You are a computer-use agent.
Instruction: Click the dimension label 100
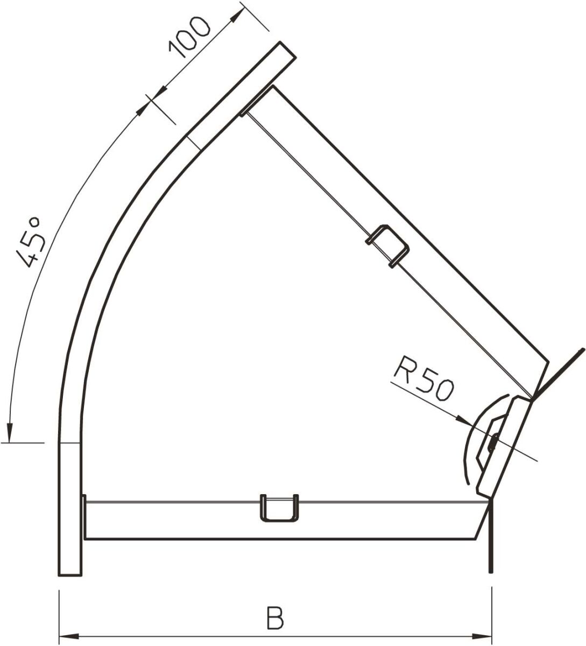point(188,37)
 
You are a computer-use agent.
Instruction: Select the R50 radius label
point(424,382)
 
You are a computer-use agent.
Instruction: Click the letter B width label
point(275,619)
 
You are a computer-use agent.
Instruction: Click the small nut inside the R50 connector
point(492,443)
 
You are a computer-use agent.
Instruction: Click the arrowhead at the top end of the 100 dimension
point(235,17)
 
